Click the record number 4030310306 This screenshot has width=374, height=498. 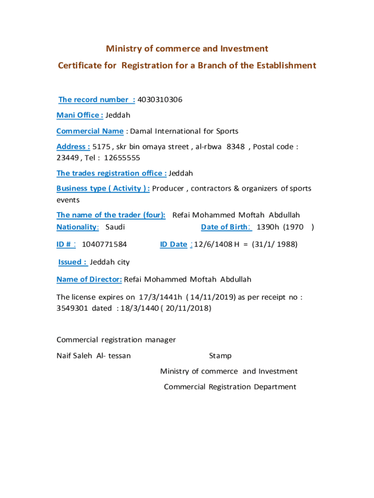click(160, 100)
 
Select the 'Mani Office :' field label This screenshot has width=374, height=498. click(80, 115)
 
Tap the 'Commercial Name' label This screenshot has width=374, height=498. click(90, 131)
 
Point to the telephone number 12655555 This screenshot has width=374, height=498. click(122, 158)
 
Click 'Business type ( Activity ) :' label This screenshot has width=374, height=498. click(103, 189)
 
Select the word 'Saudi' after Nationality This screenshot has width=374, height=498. click(115, 227)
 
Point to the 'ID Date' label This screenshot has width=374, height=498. click(173, 245)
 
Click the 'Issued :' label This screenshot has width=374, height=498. click(73, 262)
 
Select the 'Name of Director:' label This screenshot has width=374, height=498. click(89, 280)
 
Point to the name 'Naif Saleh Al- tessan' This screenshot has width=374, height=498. click(94, 356)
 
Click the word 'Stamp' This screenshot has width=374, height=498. click(220, 356)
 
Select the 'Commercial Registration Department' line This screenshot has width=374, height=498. click(230, 387)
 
